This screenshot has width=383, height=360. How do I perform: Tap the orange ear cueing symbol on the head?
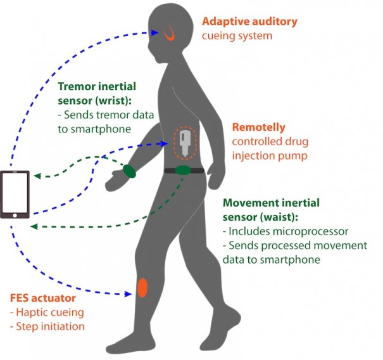tap(170, 34)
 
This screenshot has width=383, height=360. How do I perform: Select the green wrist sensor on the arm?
tap(129, 170)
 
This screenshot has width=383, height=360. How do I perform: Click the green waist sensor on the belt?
tap(183, 170)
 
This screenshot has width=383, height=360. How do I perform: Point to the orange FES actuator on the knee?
tap(142, 288)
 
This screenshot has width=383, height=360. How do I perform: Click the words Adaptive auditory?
tap(249, 22)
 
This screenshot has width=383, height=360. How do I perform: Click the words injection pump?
tap(267, 155)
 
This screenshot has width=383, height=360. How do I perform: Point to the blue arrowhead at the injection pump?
tap(166, 144)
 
